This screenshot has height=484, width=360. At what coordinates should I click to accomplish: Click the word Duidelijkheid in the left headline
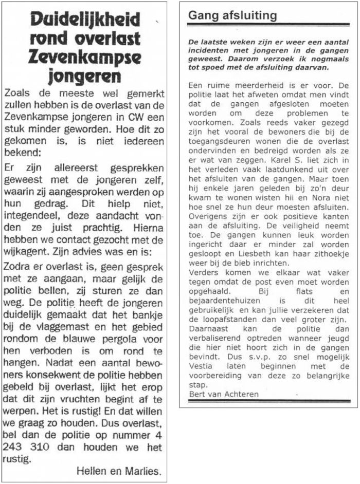(85, 20)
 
